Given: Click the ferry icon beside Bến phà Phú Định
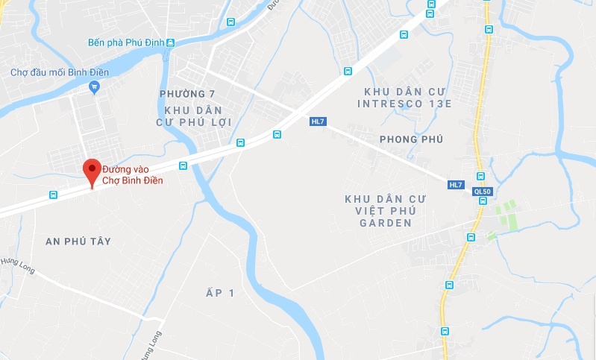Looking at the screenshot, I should coord(171,43).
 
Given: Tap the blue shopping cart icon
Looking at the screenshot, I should coord(94,88).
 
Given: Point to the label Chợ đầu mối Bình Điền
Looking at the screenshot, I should coord(60,72).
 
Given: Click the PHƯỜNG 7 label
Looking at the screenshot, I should coord(186,94).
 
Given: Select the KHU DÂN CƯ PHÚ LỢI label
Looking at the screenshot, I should coord(194,116).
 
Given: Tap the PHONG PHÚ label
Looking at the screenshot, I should coord(412,139).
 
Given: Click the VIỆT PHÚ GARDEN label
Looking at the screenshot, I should coord(385,211).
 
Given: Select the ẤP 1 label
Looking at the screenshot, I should coord(221,294).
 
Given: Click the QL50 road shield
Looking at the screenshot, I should coord(483,192).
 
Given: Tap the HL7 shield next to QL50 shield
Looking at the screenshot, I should coord(457,185).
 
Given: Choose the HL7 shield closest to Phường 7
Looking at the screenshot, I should coord(319,121).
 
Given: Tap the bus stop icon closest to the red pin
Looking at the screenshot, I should coord(53,195).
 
